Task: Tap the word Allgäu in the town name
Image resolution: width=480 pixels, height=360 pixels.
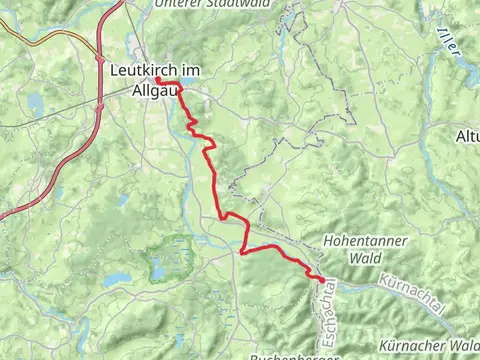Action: tap(153, 91)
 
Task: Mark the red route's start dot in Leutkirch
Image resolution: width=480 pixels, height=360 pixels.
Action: tap(158, 80)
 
